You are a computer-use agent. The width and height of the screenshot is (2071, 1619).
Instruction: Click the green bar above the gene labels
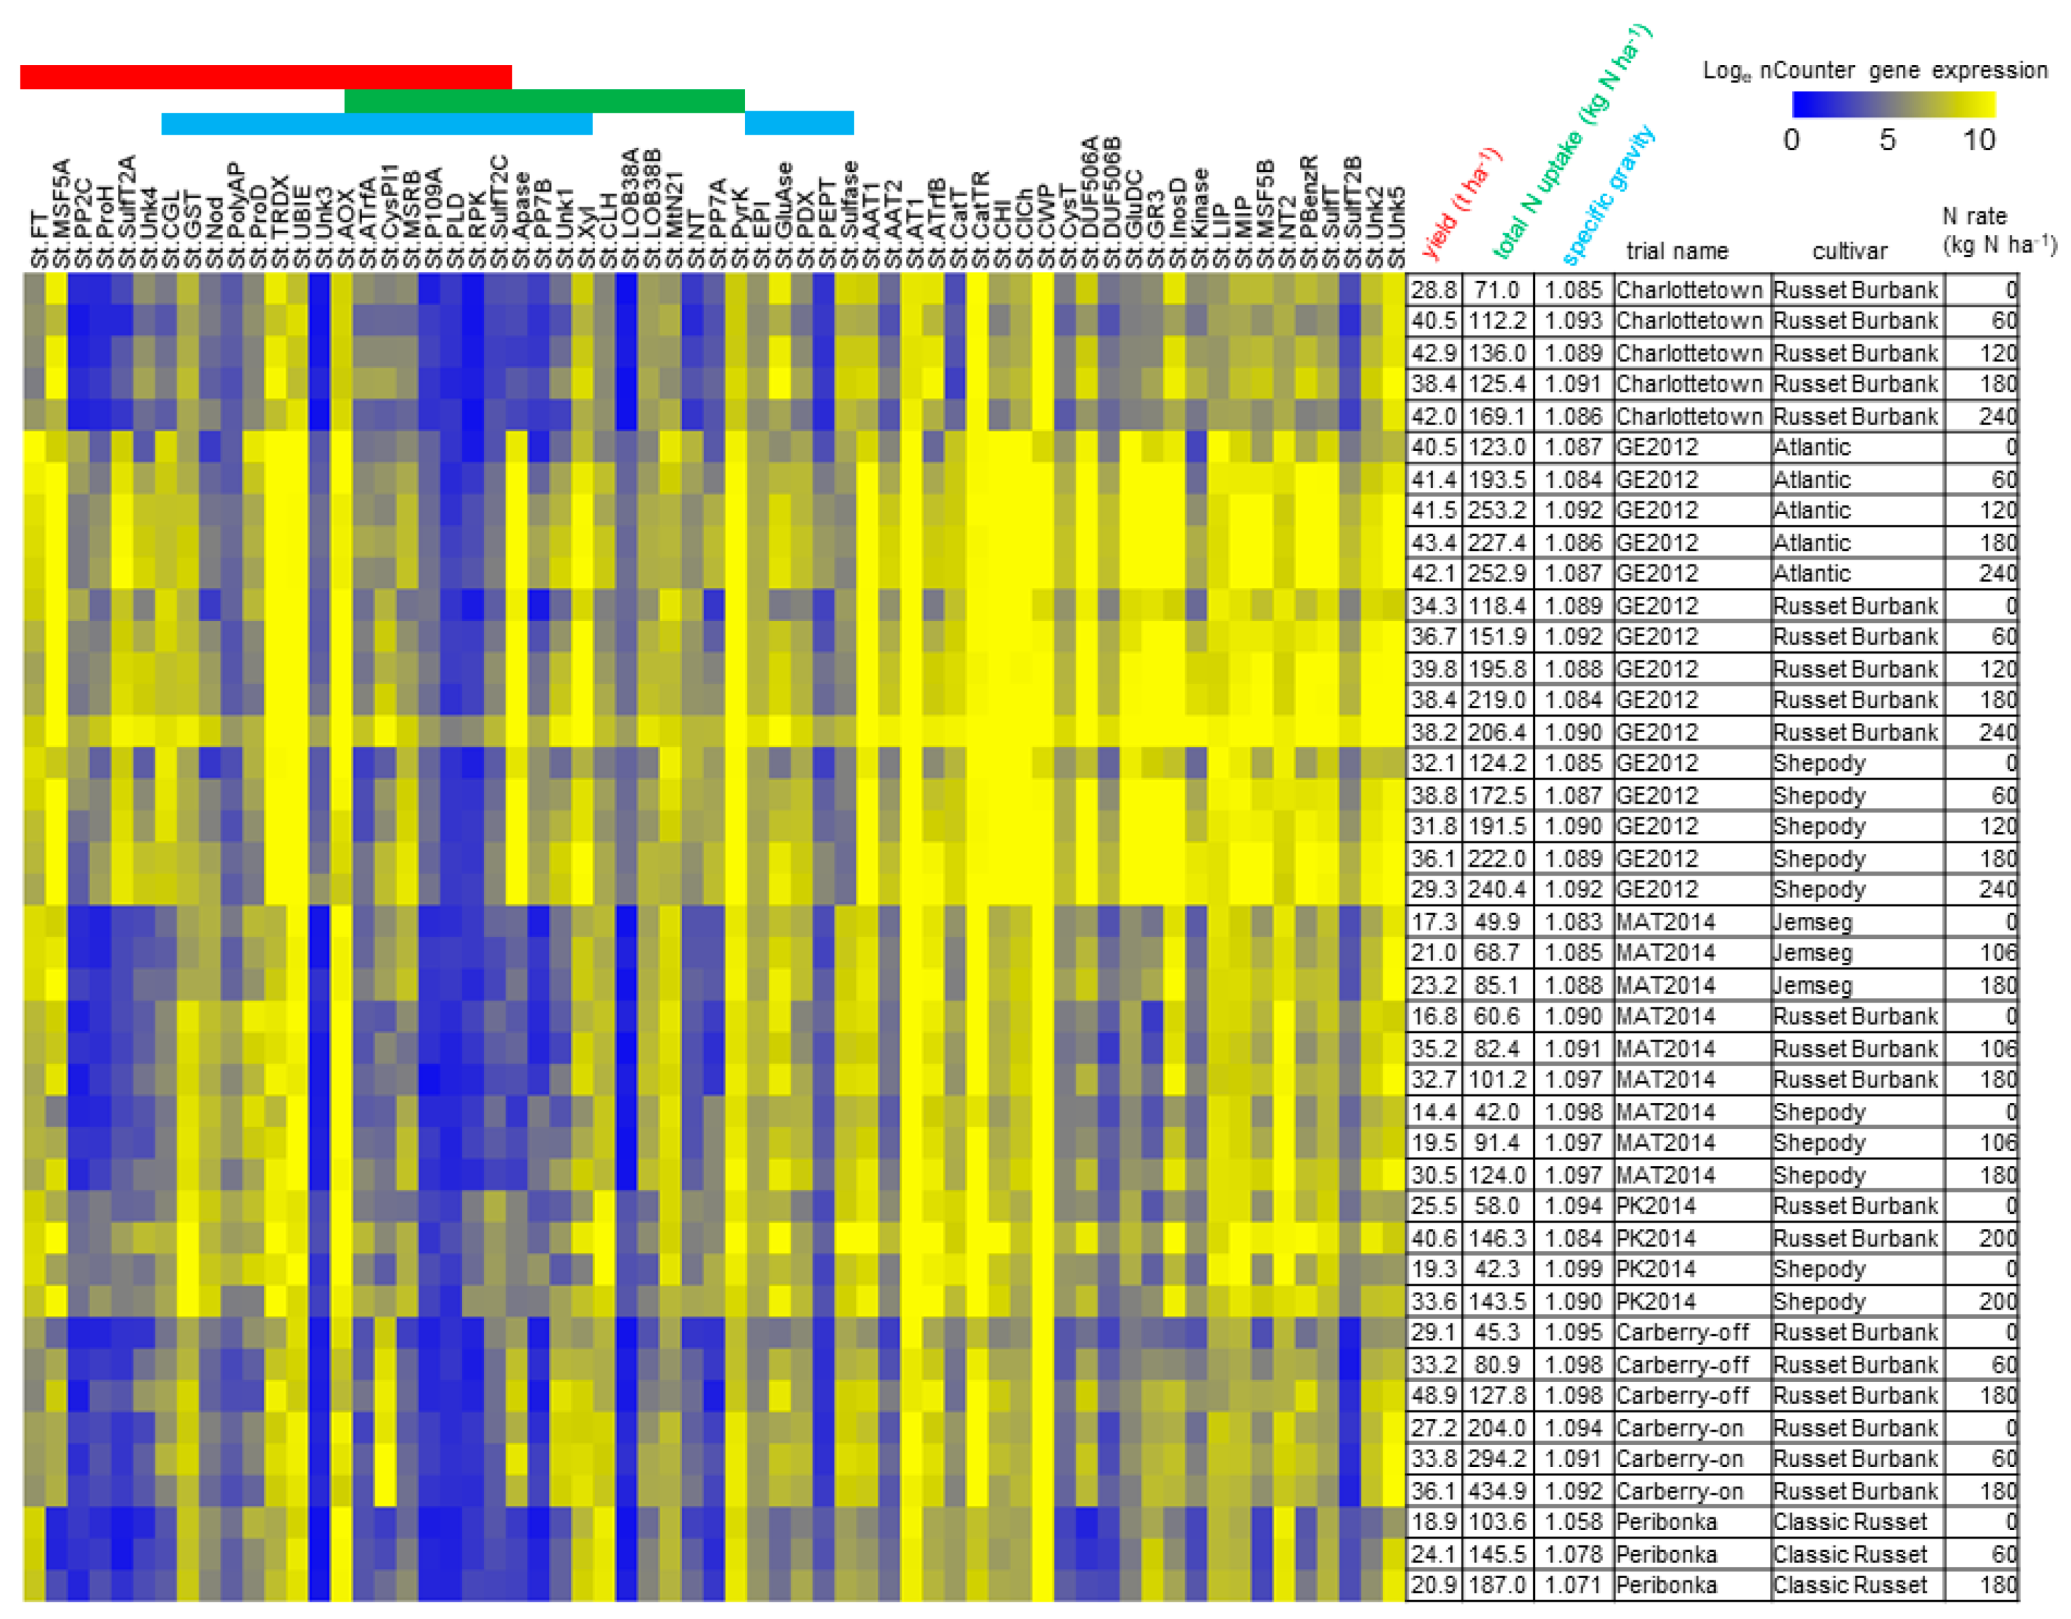coord(544,101)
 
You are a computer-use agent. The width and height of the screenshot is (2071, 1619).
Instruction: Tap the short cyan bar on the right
coord(799,123)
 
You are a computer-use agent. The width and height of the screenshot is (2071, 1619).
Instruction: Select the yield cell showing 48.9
coord(1433,1396)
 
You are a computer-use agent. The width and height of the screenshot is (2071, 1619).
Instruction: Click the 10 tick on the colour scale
coord(1978,140)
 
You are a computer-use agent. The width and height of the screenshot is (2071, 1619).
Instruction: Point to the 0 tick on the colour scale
coord(1791,140)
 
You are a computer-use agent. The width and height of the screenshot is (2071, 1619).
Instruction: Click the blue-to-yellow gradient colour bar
coord(1893,103)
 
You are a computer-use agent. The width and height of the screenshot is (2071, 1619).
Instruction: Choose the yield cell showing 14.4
coord(1433,1111)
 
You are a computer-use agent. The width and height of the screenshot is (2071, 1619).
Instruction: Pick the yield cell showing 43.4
coord(1433,543)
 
